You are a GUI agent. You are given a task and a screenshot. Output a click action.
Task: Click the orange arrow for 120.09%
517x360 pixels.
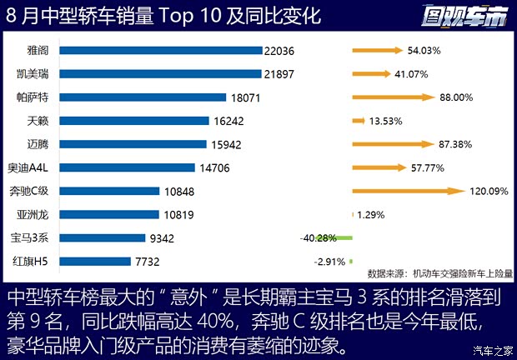tap(409, 191)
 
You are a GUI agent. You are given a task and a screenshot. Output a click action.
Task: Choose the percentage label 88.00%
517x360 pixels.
tap(456, 97)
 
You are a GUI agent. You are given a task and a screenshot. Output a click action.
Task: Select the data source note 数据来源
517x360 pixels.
tap(440, 272)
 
